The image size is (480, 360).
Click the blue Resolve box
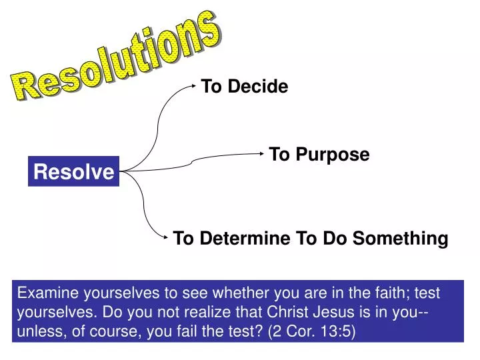[x=73, y=172]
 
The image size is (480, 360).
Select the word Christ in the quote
[x=291, y=312]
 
